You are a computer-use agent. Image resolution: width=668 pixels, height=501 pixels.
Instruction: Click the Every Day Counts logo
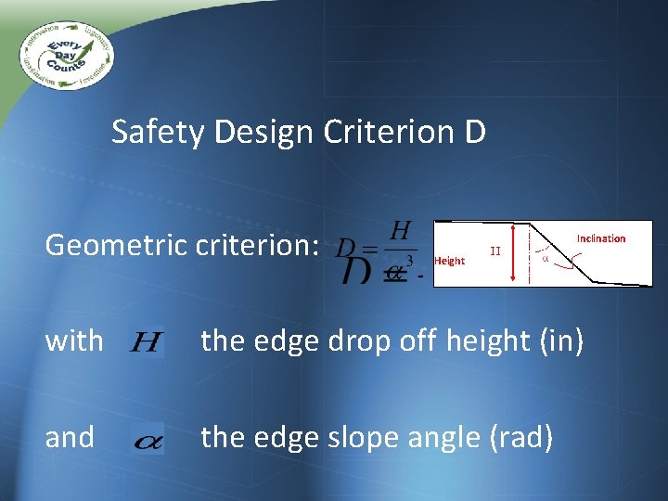[66, 52]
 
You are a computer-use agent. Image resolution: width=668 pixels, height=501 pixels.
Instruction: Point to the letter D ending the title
[473, 133]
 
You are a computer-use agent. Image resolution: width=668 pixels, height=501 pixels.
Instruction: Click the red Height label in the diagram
[449, 261]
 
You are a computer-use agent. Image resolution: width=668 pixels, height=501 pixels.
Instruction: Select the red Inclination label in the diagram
[600, 238]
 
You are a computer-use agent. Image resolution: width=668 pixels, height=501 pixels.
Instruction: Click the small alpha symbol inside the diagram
[545, 260]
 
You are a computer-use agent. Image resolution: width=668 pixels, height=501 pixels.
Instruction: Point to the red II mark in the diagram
[495, 250]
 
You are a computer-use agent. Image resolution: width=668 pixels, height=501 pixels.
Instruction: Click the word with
[74, 341]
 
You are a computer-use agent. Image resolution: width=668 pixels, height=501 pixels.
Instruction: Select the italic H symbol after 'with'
[146, 343]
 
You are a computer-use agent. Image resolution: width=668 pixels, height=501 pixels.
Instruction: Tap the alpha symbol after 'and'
[148, 441]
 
